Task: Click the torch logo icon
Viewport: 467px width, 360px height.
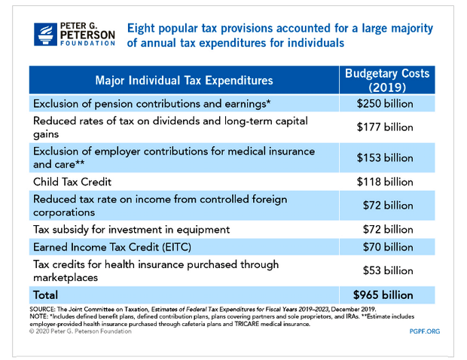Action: (45, 35)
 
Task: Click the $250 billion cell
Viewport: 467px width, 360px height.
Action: (385, 104)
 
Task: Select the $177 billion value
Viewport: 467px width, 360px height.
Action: (385, 127)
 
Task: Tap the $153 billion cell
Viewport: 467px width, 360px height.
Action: (385, 158)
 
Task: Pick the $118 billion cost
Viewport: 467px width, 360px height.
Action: (385, 182)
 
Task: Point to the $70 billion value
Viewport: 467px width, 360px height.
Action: (388, 247)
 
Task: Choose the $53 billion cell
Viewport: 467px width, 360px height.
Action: (388, 270)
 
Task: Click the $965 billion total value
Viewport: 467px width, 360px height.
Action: (383, 295)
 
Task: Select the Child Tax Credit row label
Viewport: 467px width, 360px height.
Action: (72, 182)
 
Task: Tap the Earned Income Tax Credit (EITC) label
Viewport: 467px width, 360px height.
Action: (112, 247)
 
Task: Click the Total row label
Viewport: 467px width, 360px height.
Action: (45, 295)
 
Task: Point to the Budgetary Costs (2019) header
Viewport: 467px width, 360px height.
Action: (387, 81)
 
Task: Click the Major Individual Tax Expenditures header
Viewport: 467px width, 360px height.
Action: (184, 81)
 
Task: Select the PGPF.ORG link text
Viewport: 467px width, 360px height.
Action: (424, 331)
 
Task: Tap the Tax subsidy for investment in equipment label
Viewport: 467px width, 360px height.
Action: (131, 230)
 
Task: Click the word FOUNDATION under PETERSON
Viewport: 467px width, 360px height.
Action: (87, 43)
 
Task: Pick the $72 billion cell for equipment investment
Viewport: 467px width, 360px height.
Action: (388, 230)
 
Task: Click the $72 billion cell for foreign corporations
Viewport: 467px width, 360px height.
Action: (388, 206)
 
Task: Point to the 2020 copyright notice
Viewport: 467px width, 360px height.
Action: (81, 331)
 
